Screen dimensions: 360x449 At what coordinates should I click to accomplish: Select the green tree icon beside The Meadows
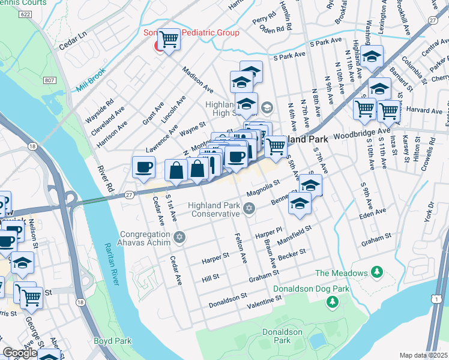[x=377, y=273]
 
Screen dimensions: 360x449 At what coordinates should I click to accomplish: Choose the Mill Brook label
[x=91, y=80]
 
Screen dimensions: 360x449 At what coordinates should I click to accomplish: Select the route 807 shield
[x=49, y=79]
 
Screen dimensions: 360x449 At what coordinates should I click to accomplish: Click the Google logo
[x=20, y=353]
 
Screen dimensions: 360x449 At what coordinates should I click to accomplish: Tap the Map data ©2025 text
[x=424, y=355]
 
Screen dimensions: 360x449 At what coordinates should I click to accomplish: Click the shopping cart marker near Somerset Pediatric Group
[x=169, y=40]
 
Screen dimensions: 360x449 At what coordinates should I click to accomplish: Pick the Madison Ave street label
[x=199, y=79]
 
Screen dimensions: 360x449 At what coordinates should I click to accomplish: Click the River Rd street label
[x=105, y=178]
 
